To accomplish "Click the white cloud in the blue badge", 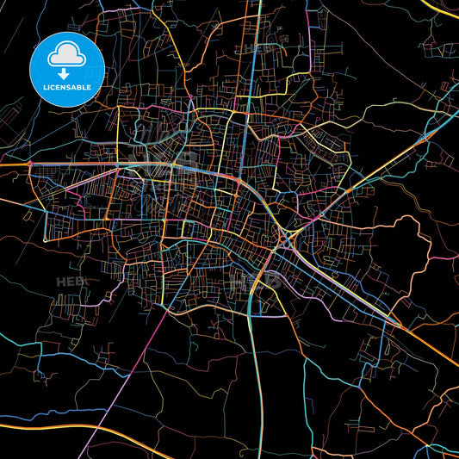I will pos(66,55).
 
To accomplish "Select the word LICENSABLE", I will pos(66,89).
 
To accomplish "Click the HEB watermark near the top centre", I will pos(255,49).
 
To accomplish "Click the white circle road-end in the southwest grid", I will pos(46,239).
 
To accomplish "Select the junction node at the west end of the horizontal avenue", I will pos(29,163).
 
